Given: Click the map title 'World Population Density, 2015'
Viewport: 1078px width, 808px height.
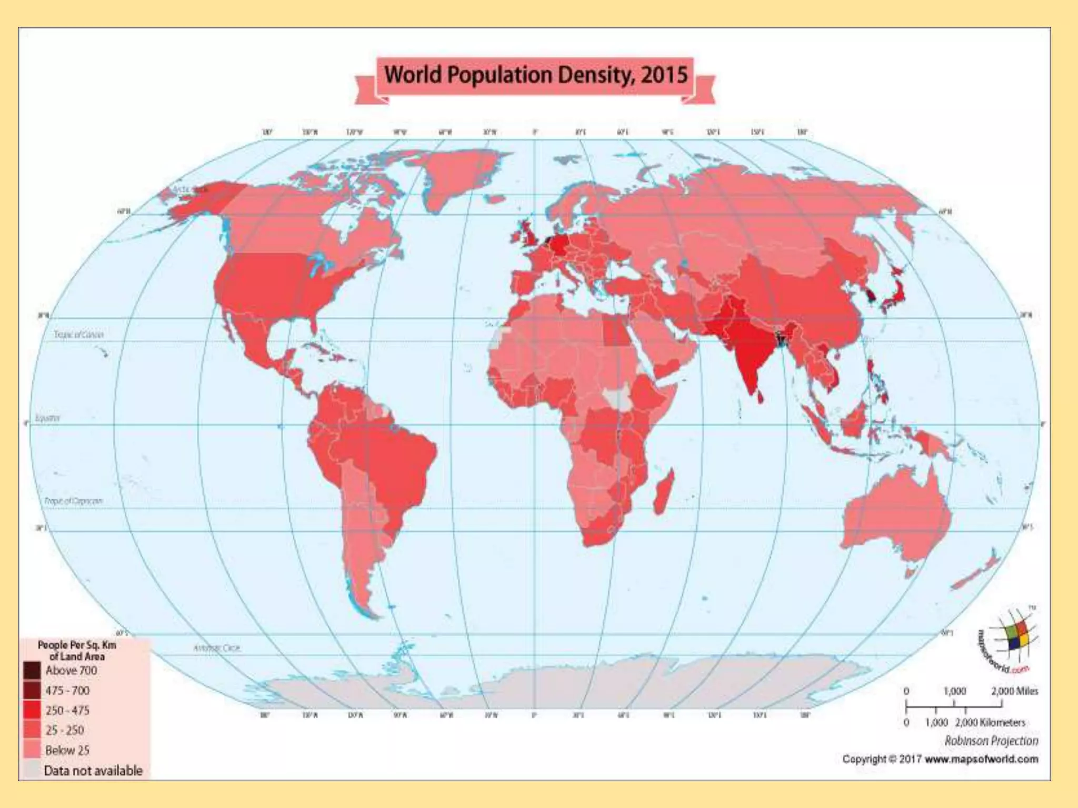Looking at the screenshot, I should (x=535, y=75).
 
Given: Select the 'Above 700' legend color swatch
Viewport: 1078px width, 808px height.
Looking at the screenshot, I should (x=32, y=670).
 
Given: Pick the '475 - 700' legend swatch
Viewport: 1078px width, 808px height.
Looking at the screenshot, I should (x=32, y=690).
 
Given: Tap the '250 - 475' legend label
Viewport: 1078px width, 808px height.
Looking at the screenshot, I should (x=67, y=710).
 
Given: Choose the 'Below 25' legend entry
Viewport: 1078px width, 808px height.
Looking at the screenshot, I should (x=67, y=750).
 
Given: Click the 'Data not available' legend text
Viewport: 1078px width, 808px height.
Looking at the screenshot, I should (x=93, y=771).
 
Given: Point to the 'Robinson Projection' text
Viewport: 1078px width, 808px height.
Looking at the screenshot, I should (x=991, y=741).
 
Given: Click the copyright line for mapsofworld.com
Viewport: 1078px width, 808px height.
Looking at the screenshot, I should (x=940, y=759).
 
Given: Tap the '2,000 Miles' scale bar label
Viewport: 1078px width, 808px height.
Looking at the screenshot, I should (x=1014, y=691).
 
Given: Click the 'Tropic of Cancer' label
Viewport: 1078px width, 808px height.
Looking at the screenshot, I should (x=78, y=335).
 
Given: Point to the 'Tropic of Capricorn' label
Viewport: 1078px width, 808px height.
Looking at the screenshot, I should (x=73, y=501).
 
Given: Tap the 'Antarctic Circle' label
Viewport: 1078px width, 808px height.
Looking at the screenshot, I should (x=216, y=648).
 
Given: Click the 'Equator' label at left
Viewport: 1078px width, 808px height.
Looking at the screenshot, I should (x=47, y=418).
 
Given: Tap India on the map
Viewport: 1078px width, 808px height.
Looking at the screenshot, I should (x=747, y=347).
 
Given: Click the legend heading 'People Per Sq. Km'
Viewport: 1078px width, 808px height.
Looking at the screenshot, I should (x=77, y=645).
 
